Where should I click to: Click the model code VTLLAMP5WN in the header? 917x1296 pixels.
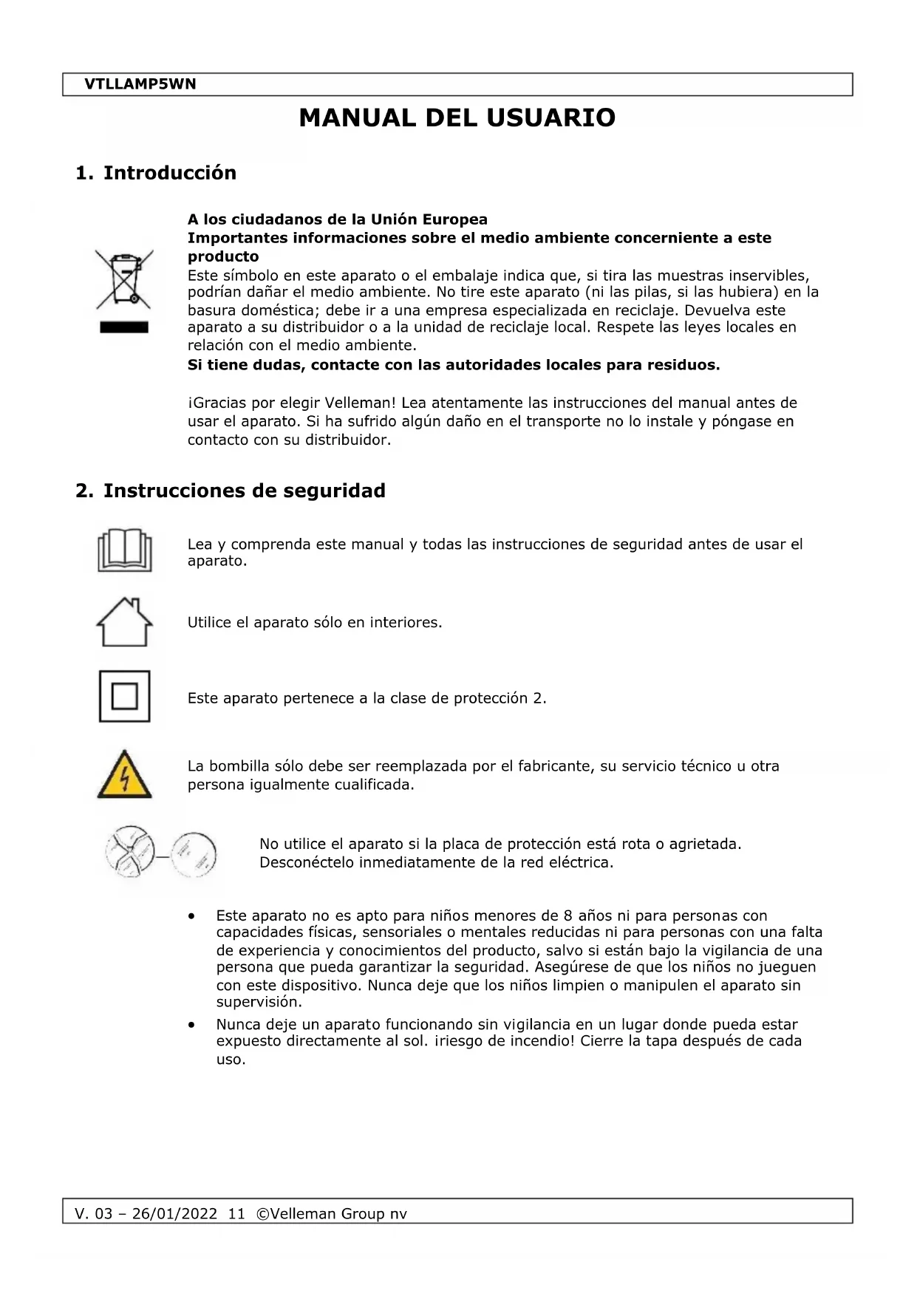[x=140, y=84]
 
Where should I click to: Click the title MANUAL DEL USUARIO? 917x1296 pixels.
[x=457, y=118]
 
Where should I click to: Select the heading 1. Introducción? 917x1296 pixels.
[x=156, y=173]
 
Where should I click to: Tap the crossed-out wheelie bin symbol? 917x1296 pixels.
[x=124, y=279]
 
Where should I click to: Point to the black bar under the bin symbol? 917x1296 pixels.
[x=124, y=327]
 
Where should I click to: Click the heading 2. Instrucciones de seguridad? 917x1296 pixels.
[x=231, y=491]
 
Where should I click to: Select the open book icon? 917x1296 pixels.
[x=124, y=550]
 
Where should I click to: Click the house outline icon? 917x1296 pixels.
[x=124, y=622]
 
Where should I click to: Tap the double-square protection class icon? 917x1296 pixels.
[x=124, y=696]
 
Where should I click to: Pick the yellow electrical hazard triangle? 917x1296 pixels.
[x=124, y=775]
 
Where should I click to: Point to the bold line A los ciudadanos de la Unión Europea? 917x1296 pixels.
[x=337, y=219]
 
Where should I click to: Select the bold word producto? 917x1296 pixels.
[x=223, y=256]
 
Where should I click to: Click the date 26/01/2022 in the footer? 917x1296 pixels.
[x=174, y=1214]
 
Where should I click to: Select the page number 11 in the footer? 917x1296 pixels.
[x=236, y=1214]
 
